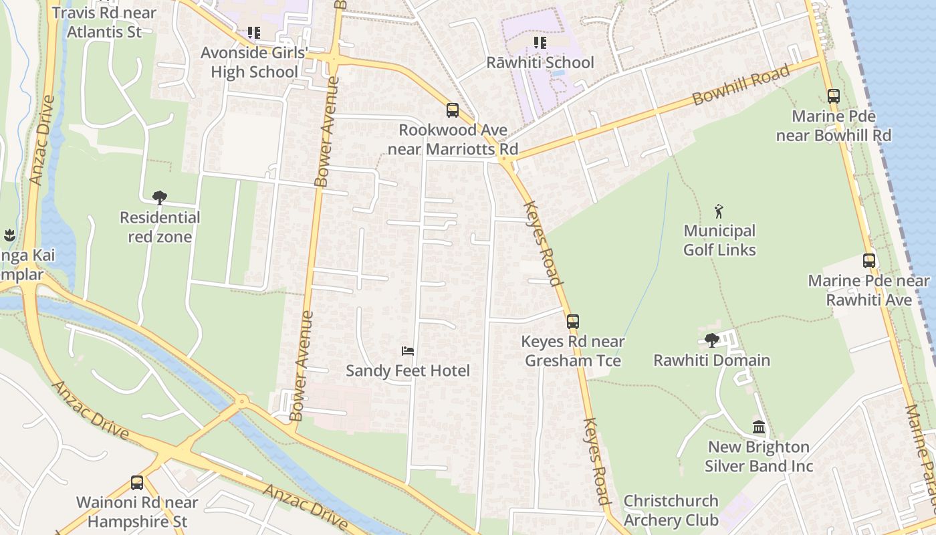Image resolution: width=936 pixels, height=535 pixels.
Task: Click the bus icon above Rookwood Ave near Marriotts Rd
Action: coord(453,110)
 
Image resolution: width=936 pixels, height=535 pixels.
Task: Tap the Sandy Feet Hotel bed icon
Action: coord(408,350)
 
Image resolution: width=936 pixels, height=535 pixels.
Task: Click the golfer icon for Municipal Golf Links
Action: coord(719,211)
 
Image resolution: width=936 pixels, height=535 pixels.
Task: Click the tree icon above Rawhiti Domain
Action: coord(712,340)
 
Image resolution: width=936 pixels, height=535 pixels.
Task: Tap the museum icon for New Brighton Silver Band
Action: coord(759,427)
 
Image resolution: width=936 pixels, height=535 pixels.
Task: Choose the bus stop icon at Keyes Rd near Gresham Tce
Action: coord(573,321)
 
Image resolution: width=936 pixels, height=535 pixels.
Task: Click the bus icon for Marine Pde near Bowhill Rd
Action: coord(833,96)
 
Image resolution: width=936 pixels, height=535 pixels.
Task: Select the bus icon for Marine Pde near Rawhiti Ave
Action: coord(868,261)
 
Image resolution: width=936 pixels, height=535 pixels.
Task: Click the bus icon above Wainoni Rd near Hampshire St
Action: coord(137,482)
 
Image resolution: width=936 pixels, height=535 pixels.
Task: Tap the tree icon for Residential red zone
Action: coord(159,197)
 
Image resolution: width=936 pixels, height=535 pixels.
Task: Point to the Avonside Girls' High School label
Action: coord(254,62)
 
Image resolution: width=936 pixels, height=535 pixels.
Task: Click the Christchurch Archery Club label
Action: coord(671,510)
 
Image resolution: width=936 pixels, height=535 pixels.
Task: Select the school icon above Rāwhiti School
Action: coord(540,43)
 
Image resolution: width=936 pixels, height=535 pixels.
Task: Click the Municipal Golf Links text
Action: coord(719,240)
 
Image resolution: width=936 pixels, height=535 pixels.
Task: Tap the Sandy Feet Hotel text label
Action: coord(408,370)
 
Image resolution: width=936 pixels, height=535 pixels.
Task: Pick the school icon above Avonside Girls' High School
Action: coord(253,32)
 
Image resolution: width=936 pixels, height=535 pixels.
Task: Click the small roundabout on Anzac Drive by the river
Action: coord(242,401)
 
